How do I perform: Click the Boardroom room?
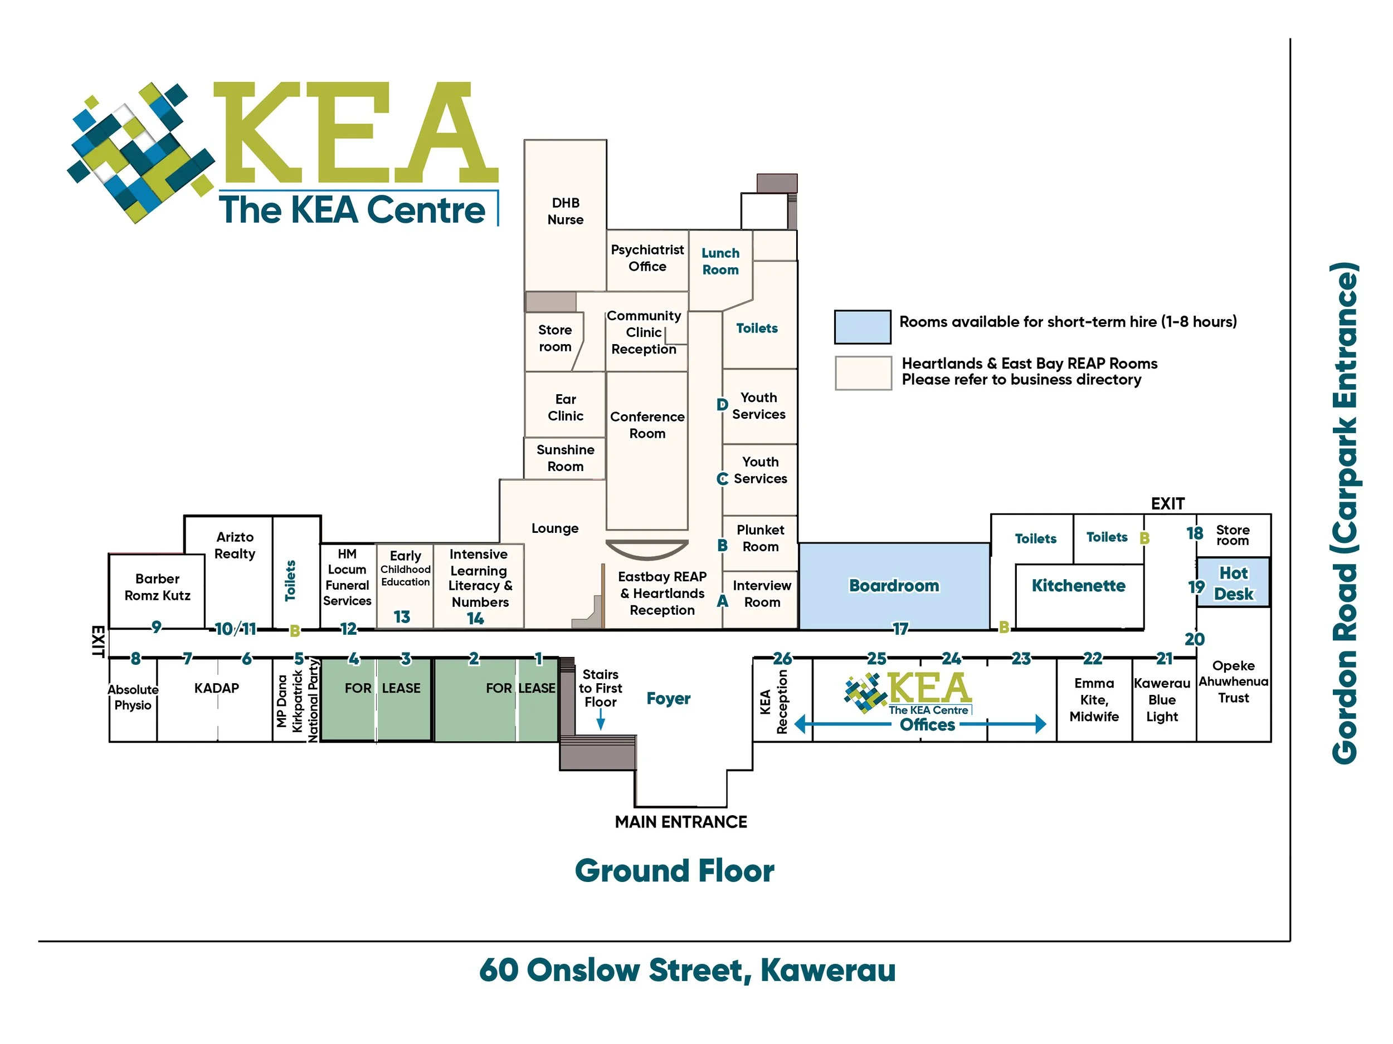(x=894, y=585)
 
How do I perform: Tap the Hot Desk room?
(x=1233, y=583)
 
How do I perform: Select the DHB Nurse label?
(x=565, y=212)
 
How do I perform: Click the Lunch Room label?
(x=720, y=261)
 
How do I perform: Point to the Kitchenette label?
(x=1078, y=586)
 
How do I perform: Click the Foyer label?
(x=668, y=699)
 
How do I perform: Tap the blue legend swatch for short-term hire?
(x=862, y=327)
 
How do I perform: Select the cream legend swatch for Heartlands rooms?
(x=863, y=372)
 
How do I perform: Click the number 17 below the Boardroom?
(x=900, y=628)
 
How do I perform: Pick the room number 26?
(x=782, y=658)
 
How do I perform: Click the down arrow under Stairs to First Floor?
(x=601, y=720)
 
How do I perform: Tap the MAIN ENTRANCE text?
(x=681, y=822)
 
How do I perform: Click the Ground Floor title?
(x=674, y=871)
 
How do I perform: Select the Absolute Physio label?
(x=133, y=697)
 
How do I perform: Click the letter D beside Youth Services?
(x=722, y=405)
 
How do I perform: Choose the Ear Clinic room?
(x=565, y=407)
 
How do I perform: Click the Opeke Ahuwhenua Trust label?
(x=1233, y=682)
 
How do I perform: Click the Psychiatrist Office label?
(x=647, y=258)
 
